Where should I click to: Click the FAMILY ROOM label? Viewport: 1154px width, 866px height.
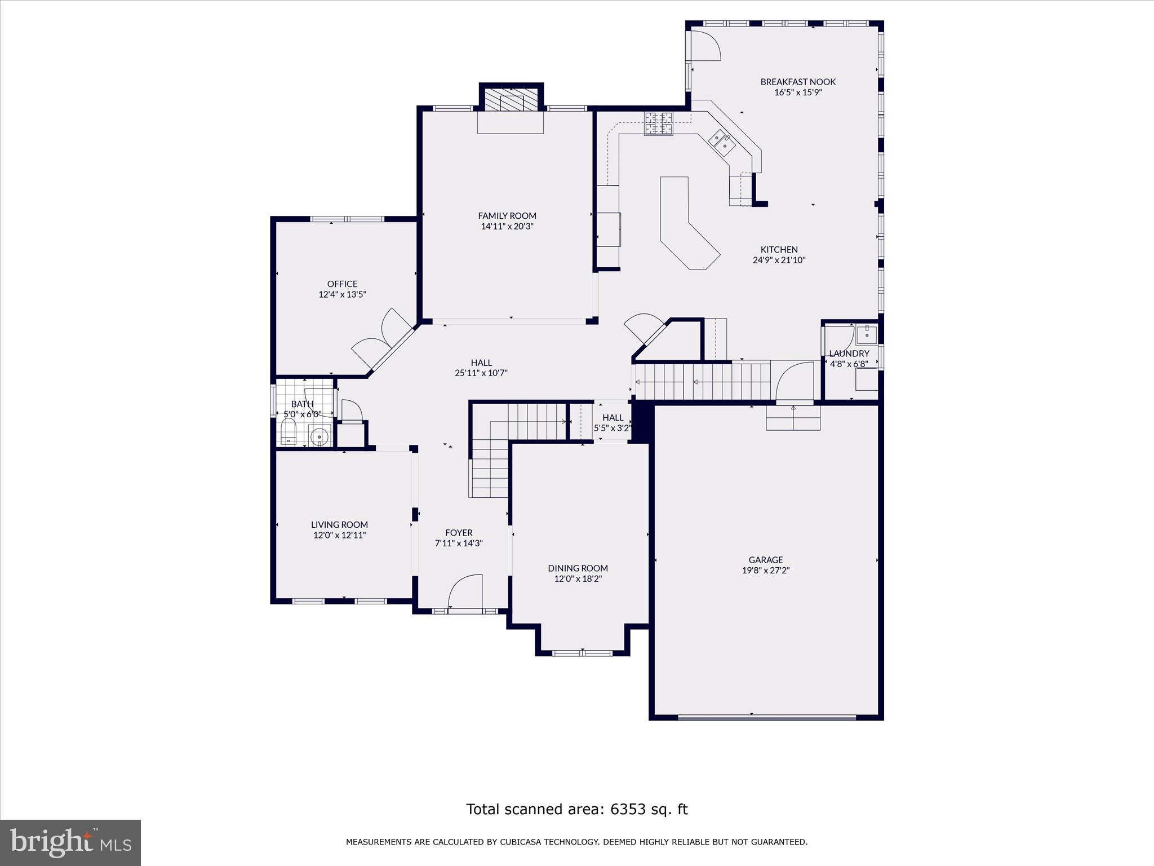(x=507, y=215)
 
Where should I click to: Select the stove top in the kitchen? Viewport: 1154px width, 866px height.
(x=659, y=123)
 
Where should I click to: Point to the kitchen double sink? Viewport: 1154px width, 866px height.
(x=722, y=142)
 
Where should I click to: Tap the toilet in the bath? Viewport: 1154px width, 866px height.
(x=289, y=431)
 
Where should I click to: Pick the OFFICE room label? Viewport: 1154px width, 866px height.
(x=342, y=284)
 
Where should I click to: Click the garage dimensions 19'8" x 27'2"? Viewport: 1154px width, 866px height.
(x=765, y=570)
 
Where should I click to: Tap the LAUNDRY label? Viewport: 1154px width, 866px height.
(x=849, y=354)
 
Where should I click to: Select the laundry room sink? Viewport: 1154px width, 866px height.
(x=866, y=335)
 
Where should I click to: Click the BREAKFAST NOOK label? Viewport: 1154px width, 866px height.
(x=798, y=82)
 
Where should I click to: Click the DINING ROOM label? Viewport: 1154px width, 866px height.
(x=578, y=568)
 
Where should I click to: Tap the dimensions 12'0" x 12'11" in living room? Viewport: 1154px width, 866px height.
(x=339, y=535)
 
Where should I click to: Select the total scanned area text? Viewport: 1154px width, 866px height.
(x=576, y=809)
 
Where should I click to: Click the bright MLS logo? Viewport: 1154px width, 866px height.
(x=70, y=842)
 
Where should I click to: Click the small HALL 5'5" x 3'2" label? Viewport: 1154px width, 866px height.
(x=612, y=422)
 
